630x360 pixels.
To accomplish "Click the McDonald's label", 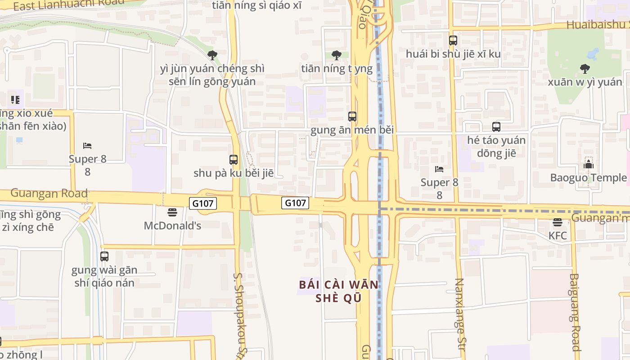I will (x=172, y=225).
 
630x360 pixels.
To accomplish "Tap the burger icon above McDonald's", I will (x=172, y=212).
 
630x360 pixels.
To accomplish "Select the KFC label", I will (x=558, y=235).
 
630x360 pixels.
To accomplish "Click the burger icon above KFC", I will (x=558, y=222).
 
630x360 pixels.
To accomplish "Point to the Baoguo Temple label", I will (x=588, y=178).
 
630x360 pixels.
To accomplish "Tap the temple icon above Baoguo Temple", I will (x=588, y=164).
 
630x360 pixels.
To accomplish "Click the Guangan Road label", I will (x=49, y=193).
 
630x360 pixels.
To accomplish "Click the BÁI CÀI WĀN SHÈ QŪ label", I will (x=339, y=291).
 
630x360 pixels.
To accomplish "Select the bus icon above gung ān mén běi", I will (x=352, y=117).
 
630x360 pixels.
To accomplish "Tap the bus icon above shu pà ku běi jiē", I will (x=234, y=160).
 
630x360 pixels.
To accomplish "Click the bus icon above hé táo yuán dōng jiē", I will (x=496, y=127).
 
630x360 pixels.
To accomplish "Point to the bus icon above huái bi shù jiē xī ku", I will (x=453, y=40).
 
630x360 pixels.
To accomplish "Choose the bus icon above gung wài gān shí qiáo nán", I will (x=104, y=256).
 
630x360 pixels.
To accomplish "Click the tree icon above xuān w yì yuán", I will (x=585, y=69).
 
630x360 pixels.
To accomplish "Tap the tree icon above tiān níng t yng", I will (x=336, y=55).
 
